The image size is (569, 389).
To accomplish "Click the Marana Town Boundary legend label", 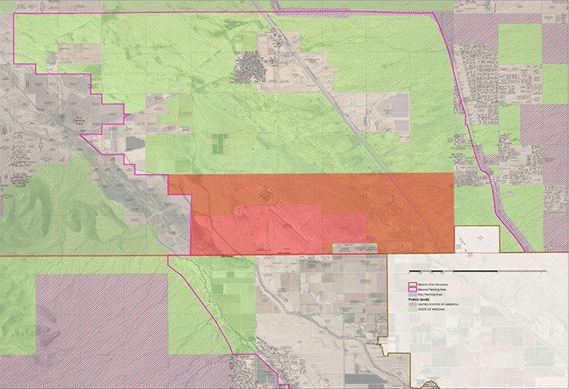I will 430,284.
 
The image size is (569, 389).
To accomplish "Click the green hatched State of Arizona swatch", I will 413,309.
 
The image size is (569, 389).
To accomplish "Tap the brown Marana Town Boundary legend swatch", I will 413,284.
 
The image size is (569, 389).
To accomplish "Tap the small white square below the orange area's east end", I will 476,240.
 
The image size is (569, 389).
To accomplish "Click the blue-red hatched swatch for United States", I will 413,304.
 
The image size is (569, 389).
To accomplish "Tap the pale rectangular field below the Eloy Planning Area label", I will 133,142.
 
